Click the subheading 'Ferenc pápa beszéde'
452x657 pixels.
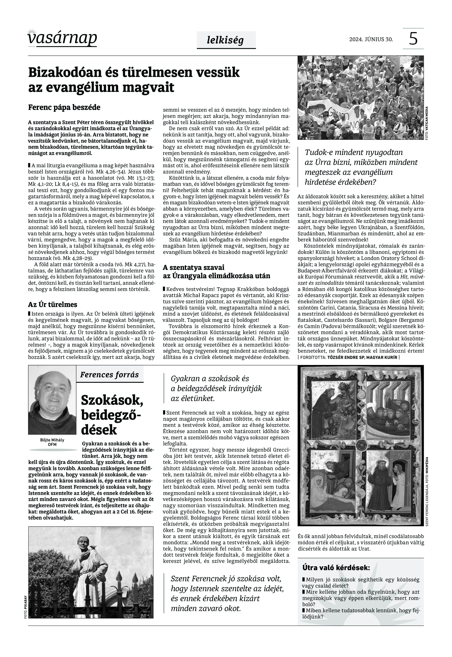pyautogui.click(x=64, y=108)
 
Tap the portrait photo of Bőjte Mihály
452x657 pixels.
pyautogui.click(x=52, y=400)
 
